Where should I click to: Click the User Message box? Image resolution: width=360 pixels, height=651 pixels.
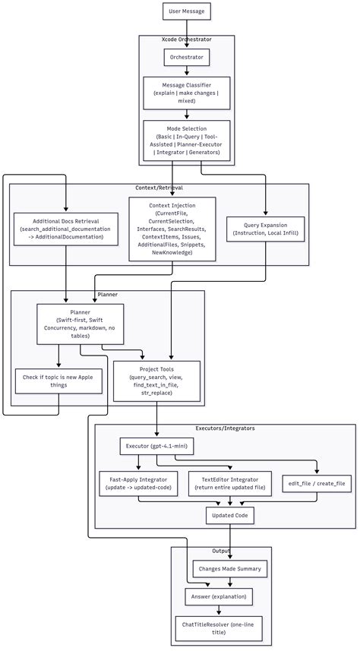pos(186,11)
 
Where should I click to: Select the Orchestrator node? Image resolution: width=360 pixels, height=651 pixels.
pos(186,57)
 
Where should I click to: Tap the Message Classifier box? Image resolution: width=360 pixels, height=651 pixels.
pos(186,93)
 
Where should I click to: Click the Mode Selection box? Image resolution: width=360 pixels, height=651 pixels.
pos(186,140)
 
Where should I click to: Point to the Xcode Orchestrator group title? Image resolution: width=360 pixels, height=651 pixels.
pos(186,39)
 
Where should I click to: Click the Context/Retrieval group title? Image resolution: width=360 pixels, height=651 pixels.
pos(159,188)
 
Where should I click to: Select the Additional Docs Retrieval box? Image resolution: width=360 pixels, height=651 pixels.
pos(66,228)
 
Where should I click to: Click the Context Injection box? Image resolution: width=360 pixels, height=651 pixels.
pos(172,229)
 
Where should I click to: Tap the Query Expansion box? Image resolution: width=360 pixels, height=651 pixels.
pos(265,228)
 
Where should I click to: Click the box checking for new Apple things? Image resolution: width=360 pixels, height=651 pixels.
pos(58,381)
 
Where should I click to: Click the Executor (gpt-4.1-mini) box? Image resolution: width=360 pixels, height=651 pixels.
pos(156,447)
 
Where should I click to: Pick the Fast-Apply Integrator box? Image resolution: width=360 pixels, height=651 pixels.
pos(137,484)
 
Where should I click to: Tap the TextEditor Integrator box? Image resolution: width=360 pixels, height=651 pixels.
pos(229,484)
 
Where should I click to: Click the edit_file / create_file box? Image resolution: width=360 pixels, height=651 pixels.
pos(316,483)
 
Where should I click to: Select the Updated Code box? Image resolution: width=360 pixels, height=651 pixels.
pos(229,517)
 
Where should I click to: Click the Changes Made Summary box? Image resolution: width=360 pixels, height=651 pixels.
pos(229,568)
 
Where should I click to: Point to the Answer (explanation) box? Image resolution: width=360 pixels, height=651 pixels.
pos(219,596)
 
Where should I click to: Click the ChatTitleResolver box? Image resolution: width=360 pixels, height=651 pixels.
pos(219,628)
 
